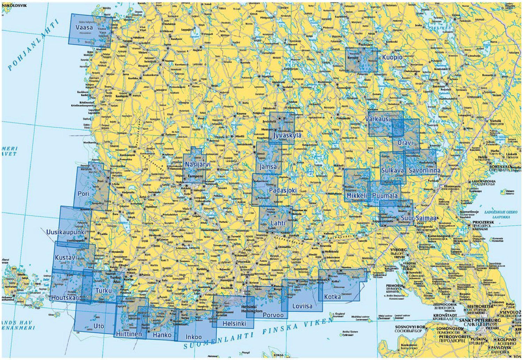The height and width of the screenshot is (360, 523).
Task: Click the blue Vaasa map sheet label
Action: (x=84, y=27)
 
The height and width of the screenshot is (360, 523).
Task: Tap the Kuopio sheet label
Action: (x=392, y=57)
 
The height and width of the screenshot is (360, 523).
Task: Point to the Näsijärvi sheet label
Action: (x=198, y=164)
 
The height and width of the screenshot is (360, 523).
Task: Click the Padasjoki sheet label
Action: (x=283, y=191)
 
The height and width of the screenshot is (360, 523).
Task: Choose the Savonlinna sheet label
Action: (x=424, y=171)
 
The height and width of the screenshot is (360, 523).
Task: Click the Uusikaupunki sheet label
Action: (x=66, y=232)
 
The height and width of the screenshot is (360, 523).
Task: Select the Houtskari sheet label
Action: (x=65, y=298)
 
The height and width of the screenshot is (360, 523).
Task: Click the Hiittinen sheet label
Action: (x=129, y=334)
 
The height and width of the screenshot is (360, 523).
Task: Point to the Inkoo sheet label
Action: (x=194, y=337)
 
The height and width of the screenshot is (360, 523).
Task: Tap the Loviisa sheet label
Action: (x=302, y=307)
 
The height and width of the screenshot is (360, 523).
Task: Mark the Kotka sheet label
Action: (x=333, y=297)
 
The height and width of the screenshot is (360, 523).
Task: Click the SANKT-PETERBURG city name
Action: (x=480, y=320)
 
